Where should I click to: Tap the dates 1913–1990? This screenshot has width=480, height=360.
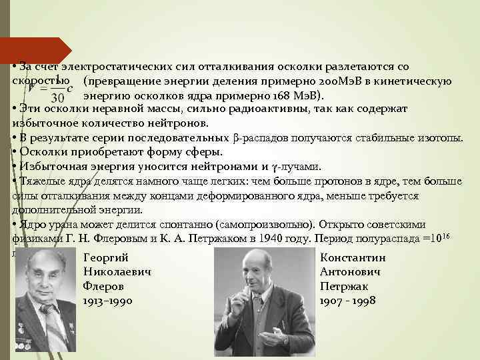[108, 301]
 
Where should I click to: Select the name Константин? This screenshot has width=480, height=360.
[353, 258]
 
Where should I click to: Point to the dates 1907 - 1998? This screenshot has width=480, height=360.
[348, 301]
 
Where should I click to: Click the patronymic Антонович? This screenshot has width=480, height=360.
[350, 272]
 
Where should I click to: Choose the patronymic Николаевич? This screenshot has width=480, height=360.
[117, 272]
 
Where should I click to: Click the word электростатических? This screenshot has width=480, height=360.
[117, 67]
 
